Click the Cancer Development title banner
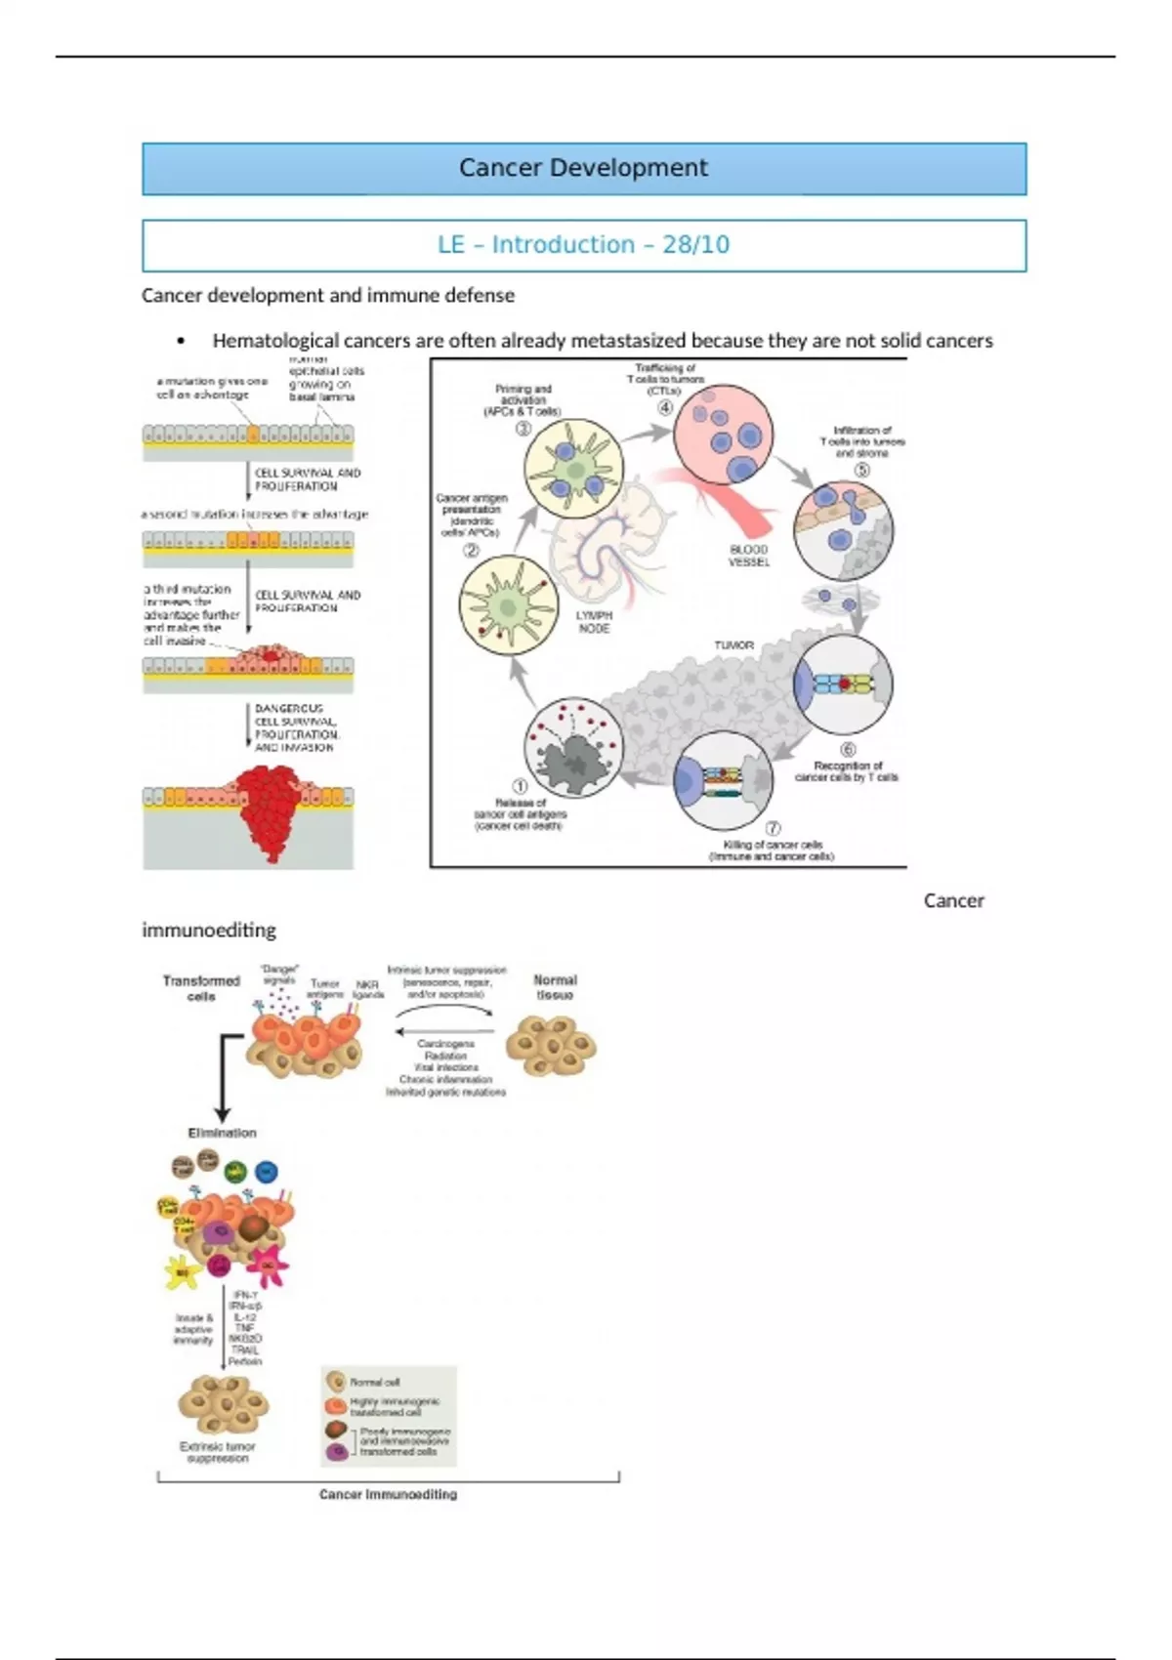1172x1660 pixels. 583,168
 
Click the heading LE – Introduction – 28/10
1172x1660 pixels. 583,244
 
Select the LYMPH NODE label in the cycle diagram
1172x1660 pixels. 594,622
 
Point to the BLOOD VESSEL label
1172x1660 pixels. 749,556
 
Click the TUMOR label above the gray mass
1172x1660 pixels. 733,645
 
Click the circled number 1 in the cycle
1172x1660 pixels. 520,786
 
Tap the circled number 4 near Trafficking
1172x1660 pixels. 665,408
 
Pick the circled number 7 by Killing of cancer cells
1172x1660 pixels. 772,829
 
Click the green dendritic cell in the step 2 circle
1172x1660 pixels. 508,606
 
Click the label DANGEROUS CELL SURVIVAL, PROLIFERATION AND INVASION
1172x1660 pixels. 295,727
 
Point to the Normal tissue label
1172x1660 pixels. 555,987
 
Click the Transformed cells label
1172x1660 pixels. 201,988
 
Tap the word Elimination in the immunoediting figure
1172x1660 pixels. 222,1133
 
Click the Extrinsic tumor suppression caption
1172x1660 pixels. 217,1452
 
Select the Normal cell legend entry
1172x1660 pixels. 374,1382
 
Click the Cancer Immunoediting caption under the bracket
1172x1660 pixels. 388,1494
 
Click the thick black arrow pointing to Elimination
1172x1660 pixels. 223,1084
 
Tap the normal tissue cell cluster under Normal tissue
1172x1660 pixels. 551,1046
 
